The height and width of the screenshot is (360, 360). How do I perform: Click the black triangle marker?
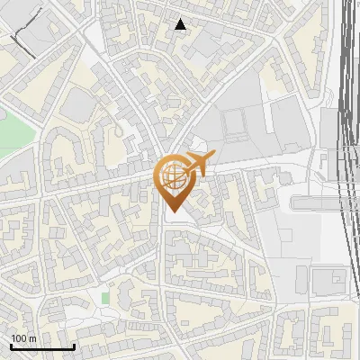181,24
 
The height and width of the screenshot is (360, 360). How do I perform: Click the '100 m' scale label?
23,337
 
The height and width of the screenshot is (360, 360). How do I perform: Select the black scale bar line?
42,346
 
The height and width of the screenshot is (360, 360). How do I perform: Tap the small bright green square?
105,297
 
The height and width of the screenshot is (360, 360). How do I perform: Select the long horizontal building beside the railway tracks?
319,203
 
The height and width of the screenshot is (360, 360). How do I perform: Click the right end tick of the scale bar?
74,345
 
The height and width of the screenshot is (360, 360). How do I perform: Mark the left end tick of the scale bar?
11,345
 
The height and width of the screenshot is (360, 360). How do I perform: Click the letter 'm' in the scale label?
32,337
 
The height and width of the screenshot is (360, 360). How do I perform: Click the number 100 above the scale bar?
19,337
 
